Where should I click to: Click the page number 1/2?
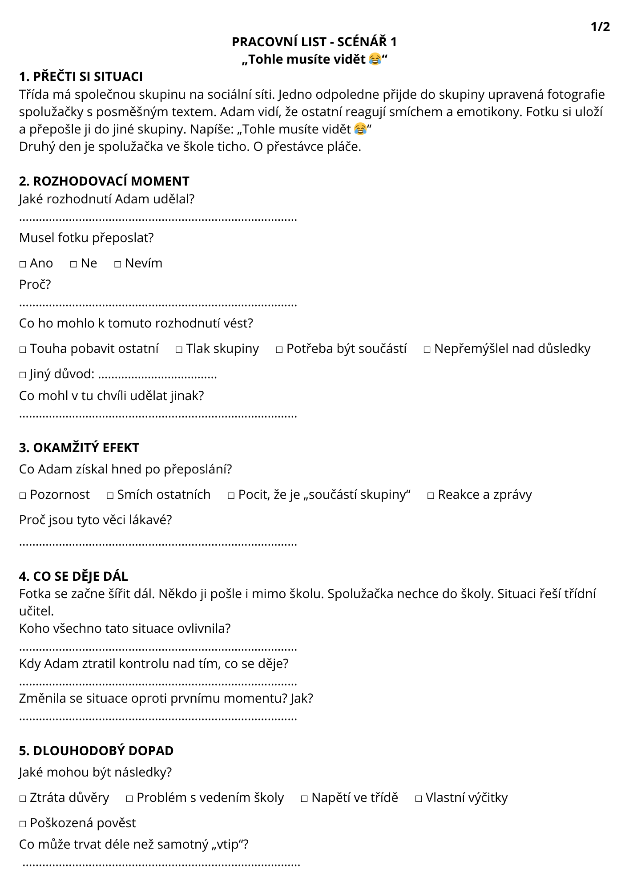pos(600,27)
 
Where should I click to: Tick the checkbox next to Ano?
pos(23,264)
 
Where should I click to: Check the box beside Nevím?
pos(117,264)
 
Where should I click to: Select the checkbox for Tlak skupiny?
pos(179,350)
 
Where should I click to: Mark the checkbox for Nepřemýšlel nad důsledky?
pos(427,350)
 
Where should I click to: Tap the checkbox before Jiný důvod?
pos(23,375)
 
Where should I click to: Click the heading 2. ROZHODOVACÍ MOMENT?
pos(104,181)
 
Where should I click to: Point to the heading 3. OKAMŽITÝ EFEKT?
pos(79,448)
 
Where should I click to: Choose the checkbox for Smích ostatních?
pos(110,496)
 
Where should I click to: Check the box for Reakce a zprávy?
pos(431,496)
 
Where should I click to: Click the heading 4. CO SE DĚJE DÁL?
pos(73,576)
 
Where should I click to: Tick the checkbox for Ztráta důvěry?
pos(23,799)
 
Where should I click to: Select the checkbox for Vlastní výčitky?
pos(418,799)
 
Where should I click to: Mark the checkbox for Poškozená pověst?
pos(23,824)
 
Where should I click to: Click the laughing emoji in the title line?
pos(375,59)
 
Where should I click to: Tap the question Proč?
pos(35,284)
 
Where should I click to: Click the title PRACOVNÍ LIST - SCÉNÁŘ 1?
pos(314,42)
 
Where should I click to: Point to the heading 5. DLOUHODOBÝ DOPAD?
pos(96,751)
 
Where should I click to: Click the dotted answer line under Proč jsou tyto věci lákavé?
pos(158,544)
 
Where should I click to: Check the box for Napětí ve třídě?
pos(304,799)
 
